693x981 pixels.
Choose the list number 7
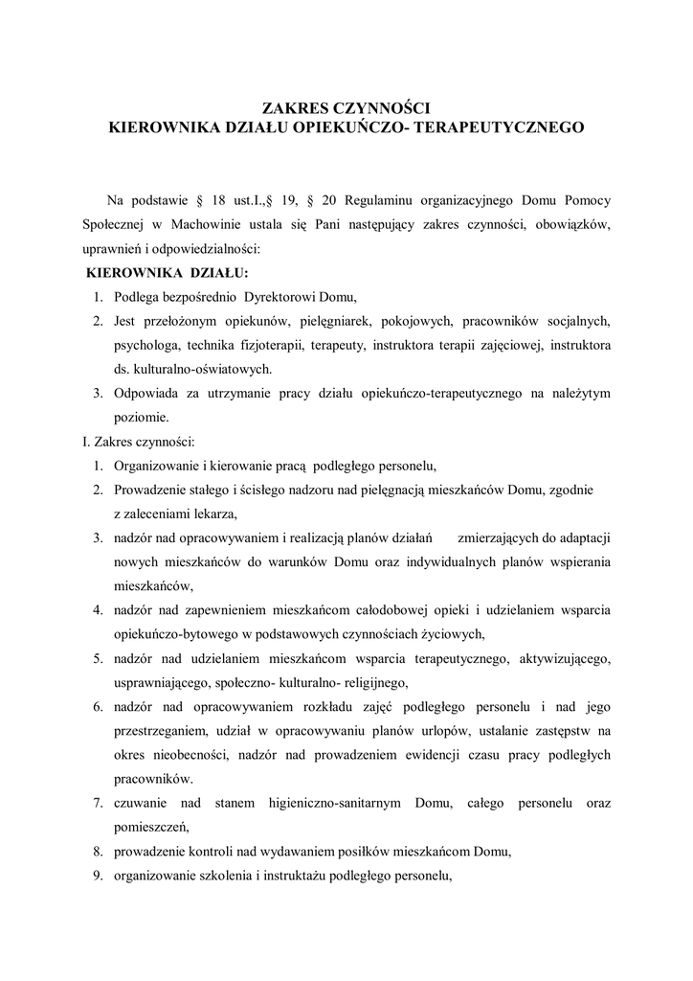(98, 803)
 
